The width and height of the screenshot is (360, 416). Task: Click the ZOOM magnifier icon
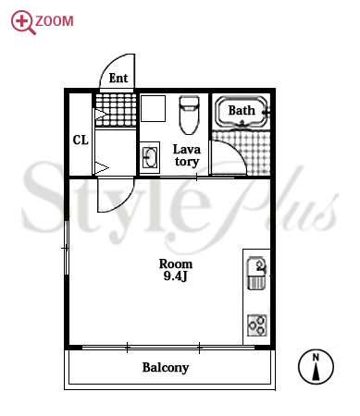(23, 22)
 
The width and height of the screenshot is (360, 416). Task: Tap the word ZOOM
(55, 21)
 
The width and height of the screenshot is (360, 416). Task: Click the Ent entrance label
(118, 78)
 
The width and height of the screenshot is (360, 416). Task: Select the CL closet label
(81, 141)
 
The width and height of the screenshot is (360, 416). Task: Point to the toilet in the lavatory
(189, 115)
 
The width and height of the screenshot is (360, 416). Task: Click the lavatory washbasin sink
(150, 157)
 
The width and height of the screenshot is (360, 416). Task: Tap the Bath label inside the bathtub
(242, 110)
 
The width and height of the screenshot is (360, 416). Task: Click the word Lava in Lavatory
(187, 150)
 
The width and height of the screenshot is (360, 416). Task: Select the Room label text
(176, 263)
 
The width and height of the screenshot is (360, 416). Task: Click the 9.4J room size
(175, 276)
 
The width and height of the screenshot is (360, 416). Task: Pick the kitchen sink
(256, 273)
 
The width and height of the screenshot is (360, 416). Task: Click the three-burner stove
(257, 325)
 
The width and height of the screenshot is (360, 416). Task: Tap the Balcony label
(166, 368)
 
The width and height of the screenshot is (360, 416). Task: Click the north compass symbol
(316, 367)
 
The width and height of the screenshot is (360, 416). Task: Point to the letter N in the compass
(316, 358)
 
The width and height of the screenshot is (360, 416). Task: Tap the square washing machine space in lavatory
(154, 108)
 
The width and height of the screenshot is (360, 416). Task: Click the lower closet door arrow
(101, 168)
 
